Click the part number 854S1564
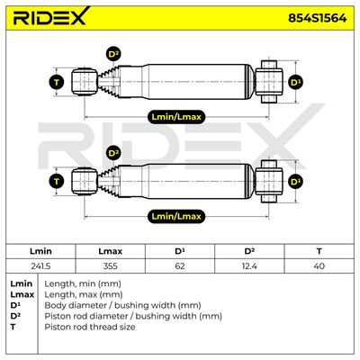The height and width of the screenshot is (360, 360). pyautogui.click(x=318, y=18)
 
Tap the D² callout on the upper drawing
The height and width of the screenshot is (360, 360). pyautogui.click(x=113, y=55)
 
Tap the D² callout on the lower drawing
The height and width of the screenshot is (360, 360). pyautogui.click(x=113, y=154)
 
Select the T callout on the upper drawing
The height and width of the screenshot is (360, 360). pyautogui.click(x=57, y=82)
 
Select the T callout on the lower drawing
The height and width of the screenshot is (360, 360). pyautogui.click(x=57, y=182)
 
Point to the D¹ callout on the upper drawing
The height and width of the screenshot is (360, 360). pyautogui.click(x=296, y=82)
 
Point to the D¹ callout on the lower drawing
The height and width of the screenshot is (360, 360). pyautogui.click(x=296, y=182)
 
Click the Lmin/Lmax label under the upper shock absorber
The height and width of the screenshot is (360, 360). pyautogui.click(x=176, y=117)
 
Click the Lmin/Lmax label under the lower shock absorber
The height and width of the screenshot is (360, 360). pyautogui.click(x=176, y=216)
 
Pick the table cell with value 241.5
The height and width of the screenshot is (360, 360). pyautogui.click(x=40, y=266)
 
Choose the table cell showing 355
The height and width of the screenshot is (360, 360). pyautogui.click(x=111, y=266)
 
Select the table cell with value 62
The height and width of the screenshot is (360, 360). pyautogui.click(x=180, y=266)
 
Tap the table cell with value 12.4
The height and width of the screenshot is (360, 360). pyautogui.click(x=249, y=266)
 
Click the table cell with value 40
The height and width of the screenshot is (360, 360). pyautogui.click(x=319, y=266)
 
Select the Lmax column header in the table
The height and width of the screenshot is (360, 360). pyautogui.click(x=111, y=251)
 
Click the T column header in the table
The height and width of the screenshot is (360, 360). pyautogui.click(x=319, y=251)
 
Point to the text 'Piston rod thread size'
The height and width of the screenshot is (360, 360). pyautogui.click(x=90, y=327)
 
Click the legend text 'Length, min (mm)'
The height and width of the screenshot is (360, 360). pyautogui.click(x=83, y=283)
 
